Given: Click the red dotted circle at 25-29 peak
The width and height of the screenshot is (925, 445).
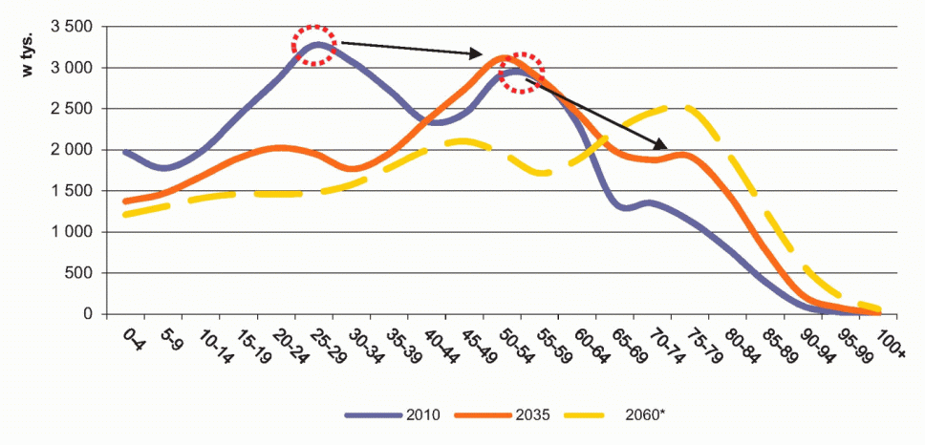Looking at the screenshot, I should click(314, 44).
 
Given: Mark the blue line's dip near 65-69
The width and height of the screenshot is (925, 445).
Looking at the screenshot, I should click(628, 207).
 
